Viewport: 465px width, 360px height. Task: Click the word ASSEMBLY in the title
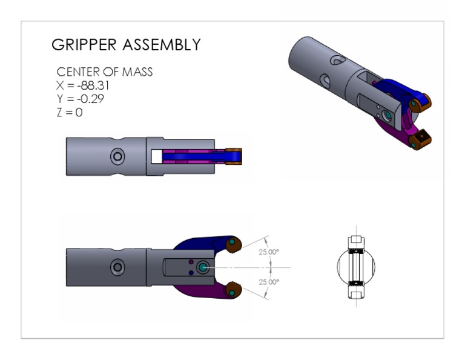click(x=162, y=45)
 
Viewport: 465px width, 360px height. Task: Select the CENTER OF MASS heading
click(x=104, y=72)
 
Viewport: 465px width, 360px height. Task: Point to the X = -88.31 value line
click(x=82, y=85)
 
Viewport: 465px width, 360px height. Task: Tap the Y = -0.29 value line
click(x=80, y=99)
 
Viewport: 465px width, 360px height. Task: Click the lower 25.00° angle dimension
click(x=268, y=282)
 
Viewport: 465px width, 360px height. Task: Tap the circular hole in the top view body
click(x=117, y=157)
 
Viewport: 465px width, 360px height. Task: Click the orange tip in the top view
click(x=234, y=156)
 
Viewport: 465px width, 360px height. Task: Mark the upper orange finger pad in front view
click(x=234, y=244)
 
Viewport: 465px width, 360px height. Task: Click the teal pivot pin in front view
click(x=202, y=267)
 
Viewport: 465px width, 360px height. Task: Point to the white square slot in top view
click(x=156, y=156)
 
